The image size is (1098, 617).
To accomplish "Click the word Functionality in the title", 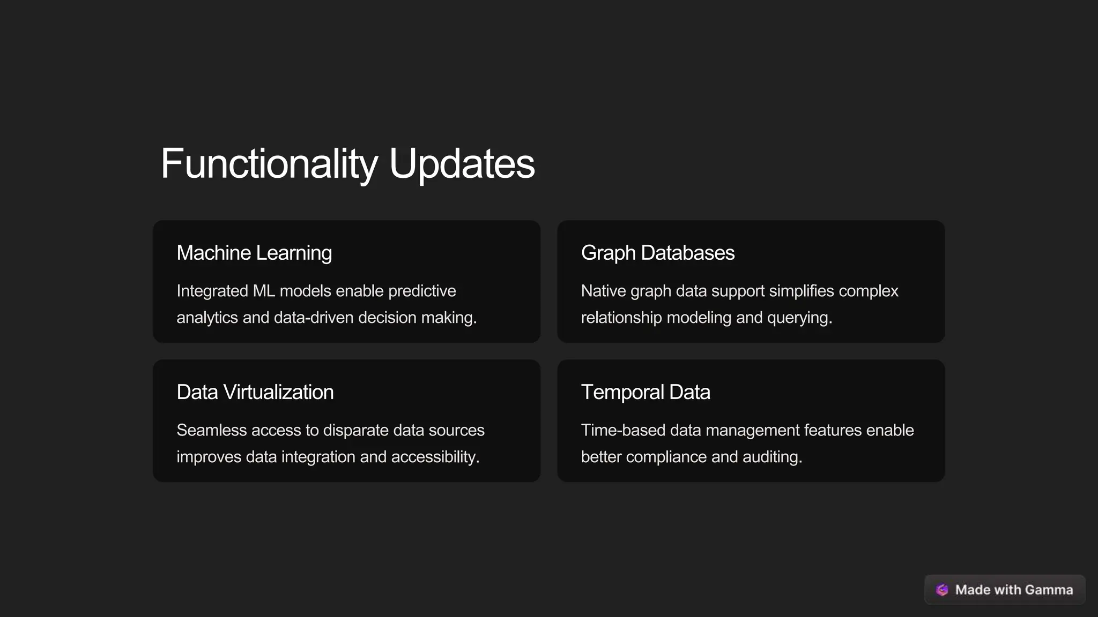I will click(x=269, y=163).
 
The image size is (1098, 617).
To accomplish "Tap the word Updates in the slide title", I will click(x=462, y=163).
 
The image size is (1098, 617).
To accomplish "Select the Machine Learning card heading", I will click(x=254, y=253).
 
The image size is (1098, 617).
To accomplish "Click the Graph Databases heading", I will click(x=657, y=253).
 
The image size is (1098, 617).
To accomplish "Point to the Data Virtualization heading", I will click(x=255, y=392).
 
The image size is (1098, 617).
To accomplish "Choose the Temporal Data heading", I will click(x=646, y=392).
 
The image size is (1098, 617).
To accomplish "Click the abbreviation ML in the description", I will click(x=264, y=291).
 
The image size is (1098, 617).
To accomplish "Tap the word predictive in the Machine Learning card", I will click(x=422, y=291).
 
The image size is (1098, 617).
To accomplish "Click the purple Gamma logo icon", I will click(x=942, y=590).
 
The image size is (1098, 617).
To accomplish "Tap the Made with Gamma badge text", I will click(x=1014, y=590).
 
